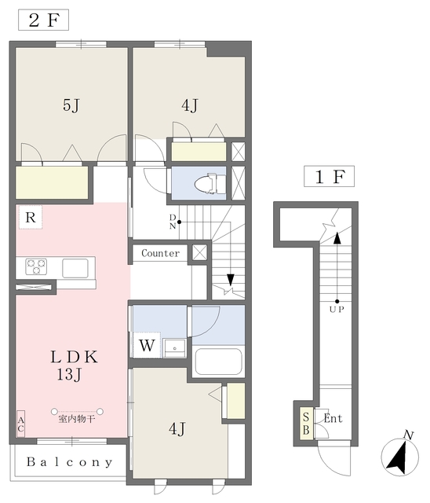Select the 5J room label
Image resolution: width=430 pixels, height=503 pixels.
tap(71, 106)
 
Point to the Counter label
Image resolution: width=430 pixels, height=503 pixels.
tap(161, 253)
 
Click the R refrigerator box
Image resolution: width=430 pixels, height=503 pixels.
tap(28, 217)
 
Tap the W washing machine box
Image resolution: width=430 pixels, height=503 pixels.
tap(147, 344)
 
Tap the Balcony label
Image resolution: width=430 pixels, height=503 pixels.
tap(69, 462)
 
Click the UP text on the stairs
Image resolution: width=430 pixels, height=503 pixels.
tap(337, 308)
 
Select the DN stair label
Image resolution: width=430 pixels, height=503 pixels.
tap(173, 222)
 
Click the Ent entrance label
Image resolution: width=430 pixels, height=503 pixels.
tap(333, 419)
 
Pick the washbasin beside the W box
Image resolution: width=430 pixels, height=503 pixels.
tap(173, 346)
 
